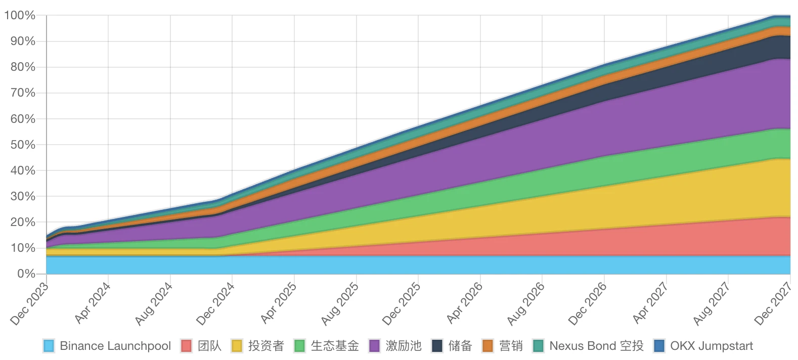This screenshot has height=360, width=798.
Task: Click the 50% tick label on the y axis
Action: click(23, 145)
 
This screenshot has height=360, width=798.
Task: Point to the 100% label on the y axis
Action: click(20, 15)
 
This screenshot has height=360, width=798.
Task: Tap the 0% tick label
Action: click(26, 274)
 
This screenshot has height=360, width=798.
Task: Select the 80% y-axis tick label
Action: click(23, 67)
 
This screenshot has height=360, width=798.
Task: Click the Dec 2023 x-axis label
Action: click(29, 304)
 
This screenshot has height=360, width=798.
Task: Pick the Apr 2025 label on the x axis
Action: click(278, 303)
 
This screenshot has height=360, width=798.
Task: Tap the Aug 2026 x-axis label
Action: click(526, 304)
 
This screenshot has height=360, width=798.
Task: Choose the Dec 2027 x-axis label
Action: click(773, 304)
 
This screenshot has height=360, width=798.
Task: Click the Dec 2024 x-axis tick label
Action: click(215, 304)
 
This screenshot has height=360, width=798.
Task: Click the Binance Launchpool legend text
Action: click(115, 346)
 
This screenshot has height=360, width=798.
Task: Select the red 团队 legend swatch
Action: click(187, 346)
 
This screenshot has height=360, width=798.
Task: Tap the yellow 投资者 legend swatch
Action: click(237, 346)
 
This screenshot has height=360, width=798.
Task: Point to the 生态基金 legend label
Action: click(335, 346)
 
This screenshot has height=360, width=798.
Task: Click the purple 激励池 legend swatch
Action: click(374, 346)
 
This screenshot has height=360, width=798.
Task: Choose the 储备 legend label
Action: click(460, 346)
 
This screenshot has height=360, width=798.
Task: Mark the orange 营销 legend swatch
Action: click(487, 346)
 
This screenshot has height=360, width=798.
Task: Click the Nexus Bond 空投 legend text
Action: click(596, 346)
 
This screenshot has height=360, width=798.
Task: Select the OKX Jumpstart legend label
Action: click(712, 346)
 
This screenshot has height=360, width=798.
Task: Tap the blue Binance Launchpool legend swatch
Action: click(49, 346)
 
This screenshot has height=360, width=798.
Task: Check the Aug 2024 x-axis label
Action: click(154, 304)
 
